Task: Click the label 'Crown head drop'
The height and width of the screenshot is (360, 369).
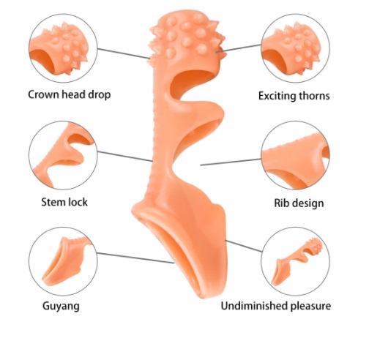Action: click(70, 94)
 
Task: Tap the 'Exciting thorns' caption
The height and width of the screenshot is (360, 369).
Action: click(294, 96)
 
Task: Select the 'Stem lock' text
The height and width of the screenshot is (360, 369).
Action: click(64, 202)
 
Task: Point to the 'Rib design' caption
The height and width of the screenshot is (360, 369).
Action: click(299, 203)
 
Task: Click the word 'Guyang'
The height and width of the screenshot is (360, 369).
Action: click(61, 306)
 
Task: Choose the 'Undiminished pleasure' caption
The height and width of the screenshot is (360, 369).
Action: click(276, 306)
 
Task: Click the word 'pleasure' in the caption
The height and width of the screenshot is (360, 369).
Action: click(310, 306)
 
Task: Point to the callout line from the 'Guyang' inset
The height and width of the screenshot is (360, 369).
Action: click(135, 258)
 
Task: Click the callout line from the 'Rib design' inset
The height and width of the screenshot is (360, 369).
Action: click(231, 162)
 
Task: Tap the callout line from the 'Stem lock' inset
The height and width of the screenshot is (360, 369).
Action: click(124, 157)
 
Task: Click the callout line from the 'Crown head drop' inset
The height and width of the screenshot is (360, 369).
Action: click(124, 53)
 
